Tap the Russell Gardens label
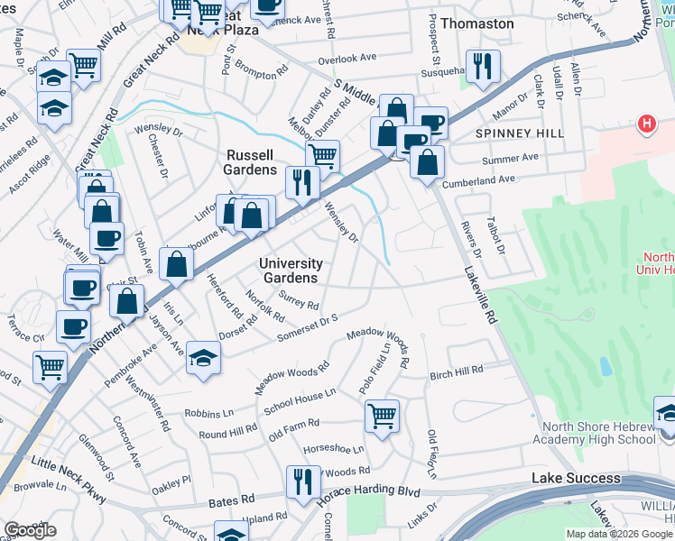(251, 162)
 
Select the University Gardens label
(291, 270)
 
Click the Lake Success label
(576, 478)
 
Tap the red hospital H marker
(646, 124)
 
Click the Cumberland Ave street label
(478, 179)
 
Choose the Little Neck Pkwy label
(68, 478)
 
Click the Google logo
(30, 530)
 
